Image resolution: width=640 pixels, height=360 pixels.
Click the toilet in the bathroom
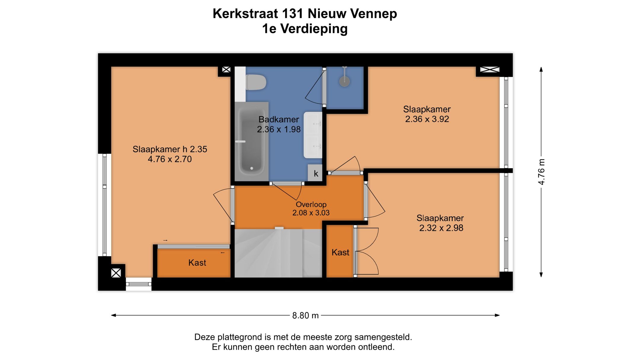(256, 82)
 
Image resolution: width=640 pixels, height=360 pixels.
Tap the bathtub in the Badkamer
(251, 142)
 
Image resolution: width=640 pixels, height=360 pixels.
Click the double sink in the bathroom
(313, 135)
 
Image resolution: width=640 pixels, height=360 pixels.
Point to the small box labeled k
(316, 173)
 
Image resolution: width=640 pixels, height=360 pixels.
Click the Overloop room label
(311, 204)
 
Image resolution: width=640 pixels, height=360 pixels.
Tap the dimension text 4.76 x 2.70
(169, 159)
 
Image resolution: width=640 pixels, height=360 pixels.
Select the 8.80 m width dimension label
(305, 316)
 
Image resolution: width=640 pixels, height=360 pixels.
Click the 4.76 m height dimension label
(541, 172)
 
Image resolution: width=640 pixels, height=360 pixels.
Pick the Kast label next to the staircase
(340, 252)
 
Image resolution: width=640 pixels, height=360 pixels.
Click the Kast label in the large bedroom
(197, 263)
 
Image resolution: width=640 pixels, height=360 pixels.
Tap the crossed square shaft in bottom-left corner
(116, 273)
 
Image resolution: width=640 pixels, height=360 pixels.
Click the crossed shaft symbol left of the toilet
(226, 70)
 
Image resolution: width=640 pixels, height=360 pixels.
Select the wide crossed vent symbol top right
(489, 70)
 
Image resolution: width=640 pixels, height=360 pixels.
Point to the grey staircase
(278, 253)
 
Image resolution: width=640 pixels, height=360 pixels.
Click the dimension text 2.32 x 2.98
(441, 228)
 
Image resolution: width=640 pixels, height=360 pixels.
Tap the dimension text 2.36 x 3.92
(427, 119)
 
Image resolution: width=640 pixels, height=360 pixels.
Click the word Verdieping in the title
(314, 29)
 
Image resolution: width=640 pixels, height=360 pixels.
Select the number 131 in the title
(293, 14)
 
